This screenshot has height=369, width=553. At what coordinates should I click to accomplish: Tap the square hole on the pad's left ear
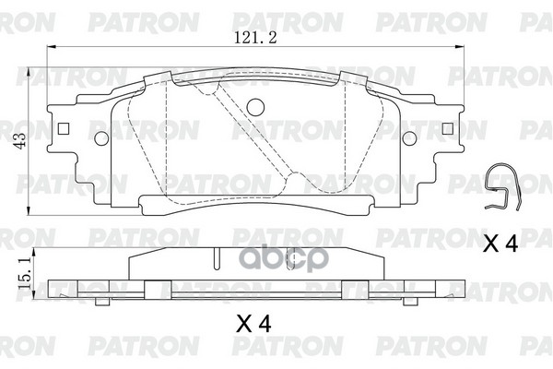(61, 128)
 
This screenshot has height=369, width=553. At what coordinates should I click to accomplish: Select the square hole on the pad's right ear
(446, 128)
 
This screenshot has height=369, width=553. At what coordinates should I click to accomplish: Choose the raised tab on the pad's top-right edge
(353, 77)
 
